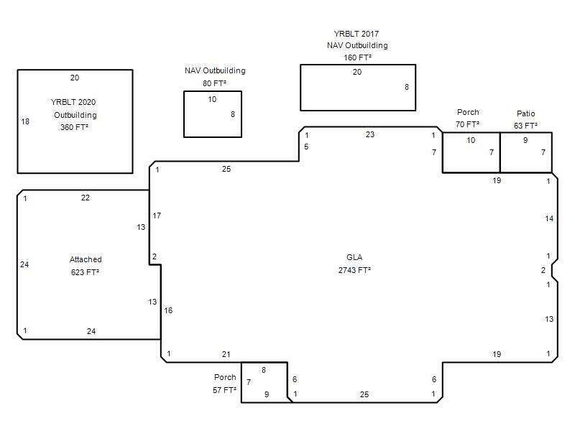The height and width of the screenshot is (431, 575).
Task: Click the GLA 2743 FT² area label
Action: (354, 264)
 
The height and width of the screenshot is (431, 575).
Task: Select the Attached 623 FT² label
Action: (86, 266)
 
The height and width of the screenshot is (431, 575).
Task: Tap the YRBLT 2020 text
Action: (73, 102)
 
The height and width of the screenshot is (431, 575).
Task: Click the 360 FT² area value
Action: (75, 127)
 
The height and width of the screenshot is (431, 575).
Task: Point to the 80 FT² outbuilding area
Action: (214, 83)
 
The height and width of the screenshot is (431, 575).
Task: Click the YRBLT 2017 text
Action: (356, 34)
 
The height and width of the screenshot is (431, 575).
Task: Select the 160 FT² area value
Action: (357, 57)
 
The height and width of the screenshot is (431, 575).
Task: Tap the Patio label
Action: (526, 113)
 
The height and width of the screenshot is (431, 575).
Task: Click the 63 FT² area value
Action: (526, 126)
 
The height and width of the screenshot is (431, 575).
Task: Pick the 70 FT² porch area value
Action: (468, 124)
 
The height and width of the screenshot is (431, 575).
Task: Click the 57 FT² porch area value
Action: (224, 390)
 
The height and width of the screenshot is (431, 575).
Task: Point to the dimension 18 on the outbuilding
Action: (25, 121)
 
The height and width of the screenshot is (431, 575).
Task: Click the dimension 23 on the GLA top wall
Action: (370, 134)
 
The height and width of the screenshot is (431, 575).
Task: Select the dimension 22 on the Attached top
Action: (85, 198)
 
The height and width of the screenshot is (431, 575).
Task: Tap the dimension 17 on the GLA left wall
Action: (157, 216)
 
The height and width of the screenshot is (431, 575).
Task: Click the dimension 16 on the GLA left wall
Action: (168, 311)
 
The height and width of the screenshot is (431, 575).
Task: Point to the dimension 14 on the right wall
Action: (549, 219)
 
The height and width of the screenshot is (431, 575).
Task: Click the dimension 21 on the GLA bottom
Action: (226, 354)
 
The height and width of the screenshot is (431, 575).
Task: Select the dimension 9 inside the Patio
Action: (525, 140)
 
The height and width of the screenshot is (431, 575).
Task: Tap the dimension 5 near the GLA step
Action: (306, 147)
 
